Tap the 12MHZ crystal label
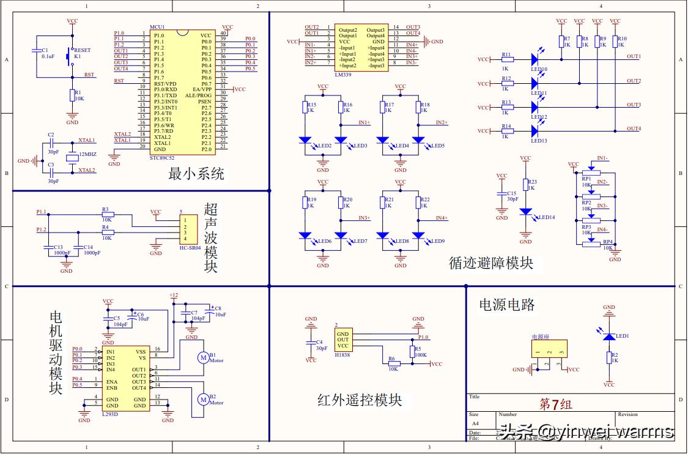87,155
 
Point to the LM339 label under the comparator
343,74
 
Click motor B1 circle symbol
202,357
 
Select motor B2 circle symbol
202,399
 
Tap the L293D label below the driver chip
111,414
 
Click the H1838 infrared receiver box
343,339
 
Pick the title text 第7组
555,404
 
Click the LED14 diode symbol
525,211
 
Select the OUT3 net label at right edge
634,105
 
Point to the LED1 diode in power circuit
608,337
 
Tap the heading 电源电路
506,304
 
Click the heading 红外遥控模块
360,400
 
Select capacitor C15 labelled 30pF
502,196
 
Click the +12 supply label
174,295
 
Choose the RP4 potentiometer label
608,242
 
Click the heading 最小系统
196,174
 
